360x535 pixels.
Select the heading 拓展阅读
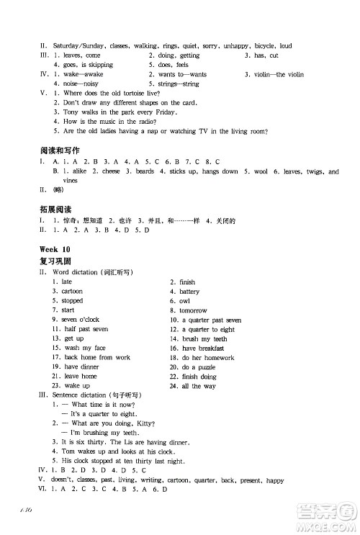(x=54, y=208)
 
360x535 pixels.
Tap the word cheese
(x=111, y=172)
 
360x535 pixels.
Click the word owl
(x=185, y=301)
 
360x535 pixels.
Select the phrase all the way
(x=198, y=386)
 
